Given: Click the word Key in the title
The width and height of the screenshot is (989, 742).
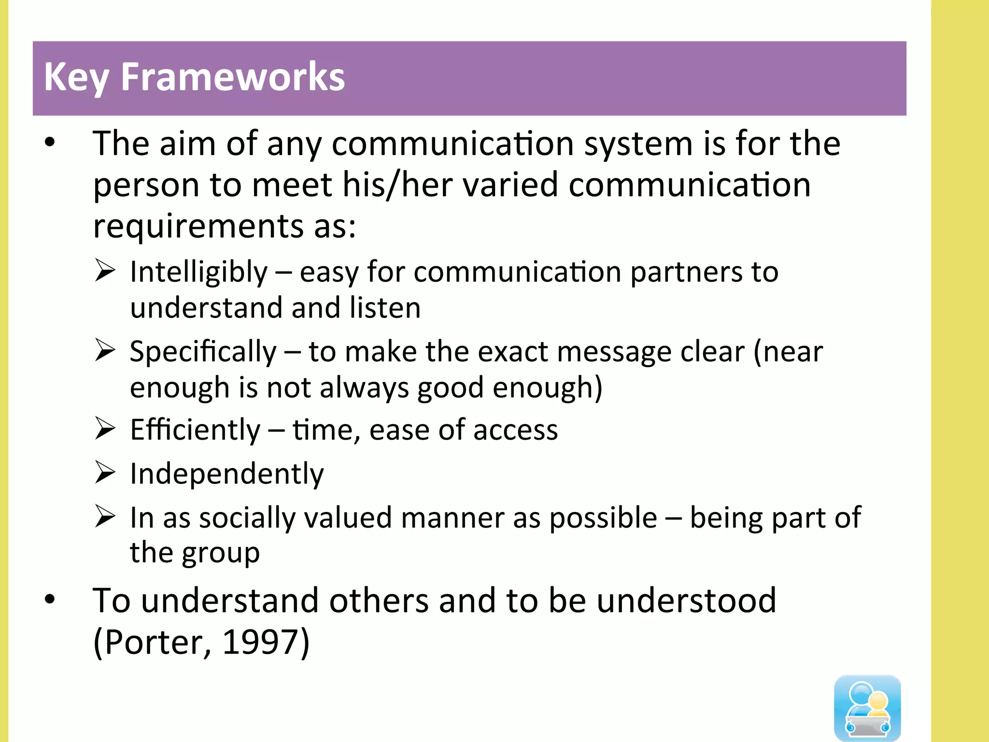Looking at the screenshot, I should click(76, 77).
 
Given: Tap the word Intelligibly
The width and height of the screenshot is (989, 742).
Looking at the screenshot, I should click(198, 272).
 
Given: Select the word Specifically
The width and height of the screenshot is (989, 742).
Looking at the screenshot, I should click(203, 352).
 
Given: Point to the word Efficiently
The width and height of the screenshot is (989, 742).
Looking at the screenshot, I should click(195, 430).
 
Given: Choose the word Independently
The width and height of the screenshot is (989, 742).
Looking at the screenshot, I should click(226, 474).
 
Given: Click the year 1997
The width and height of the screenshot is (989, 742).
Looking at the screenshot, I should click(260, 642).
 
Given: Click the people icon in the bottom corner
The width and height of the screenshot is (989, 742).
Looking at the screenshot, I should click(867, 707).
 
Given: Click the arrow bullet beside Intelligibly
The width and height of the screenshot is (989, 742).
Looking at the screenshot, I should click(105, 271).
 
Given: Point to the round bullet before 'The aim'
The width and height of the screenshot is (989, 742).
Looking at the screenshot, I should click(50, 143).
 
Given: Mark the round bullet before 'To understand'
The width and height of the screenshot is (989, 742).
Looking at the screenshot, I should click(50, 599).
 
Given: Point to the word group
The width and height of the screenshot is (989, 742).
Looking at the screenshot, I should click(221, 554).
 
